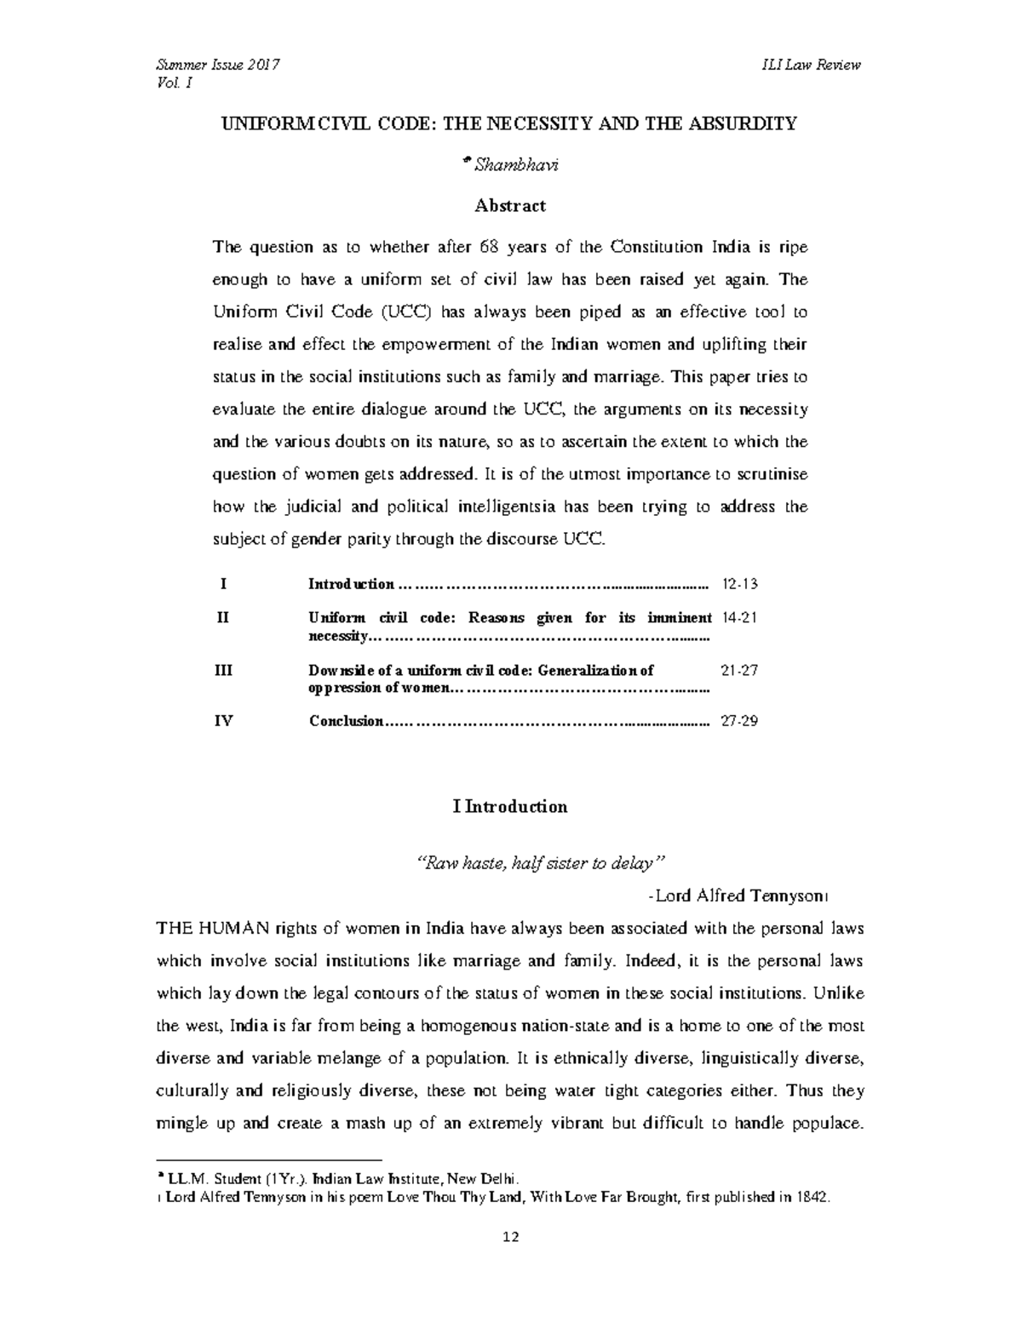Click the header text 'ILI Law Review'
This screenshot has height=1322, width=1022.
tap(812, 66)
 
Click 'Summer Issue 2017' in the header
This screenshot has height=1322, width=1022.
tap(218, 66)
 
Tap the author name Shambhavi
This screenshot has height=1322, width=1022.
tap(516, 165)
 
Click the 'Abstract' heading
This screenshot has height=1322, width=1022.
tap(510, 206)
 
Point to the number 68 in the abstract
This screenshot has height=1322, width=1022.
tap(488, 248)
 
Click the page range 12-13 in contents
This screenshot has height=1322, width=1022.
tap(738, 585)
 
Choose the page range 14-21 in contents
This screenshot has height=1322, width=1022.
tap(738, 618)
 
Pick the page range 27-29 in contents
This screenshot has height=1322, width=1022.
tap(738, 722)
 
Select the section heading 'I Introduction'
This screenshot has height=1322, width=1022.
tap(510, 807)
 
